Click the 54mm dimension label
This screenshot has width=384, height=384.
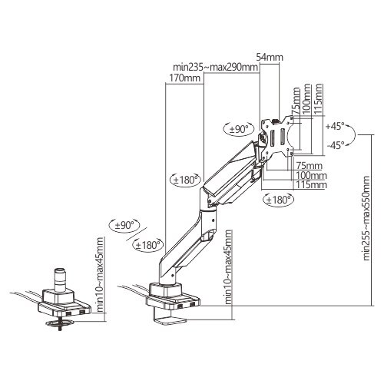click(x=270, y=57)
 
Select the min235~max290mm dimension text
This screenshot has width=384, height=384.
click(x=215, y=68)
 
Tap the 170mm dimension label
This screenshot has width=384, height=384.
click(x=184, y=78)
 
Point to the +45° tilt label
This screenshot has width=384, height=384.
click(x=335, y=126)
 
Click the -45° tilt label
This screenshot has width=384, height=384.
click(x=336, y=145)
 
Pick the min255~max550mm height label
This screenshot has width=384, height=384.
click(x=366, y=218)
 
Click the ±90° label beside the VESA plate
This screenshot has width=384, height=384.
click(x=239, y=129)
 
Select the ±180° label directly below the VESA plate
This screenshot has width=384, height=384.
click(x=278, y=200)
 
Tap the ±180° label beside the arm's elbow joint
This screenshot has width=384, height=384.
click(x=186, y=180)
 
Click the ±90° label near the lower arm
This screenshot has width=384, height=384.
click(x=124, y=225)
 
